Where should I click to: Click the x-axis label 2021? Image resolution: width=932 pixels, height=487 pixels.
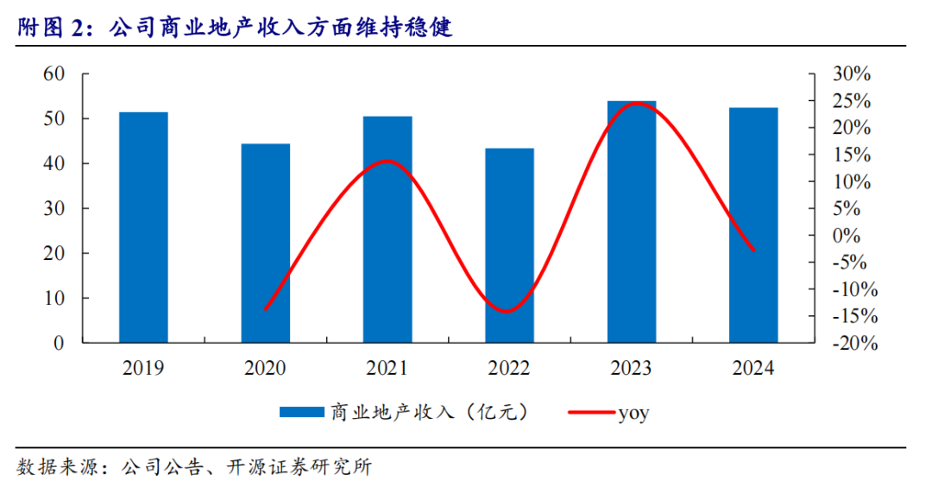[387, 369]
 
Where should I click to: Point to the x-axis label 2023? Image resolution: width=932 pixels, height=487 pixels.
[632, 369]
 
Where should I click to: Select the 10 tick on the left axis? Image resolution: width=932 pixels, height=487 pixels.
[54, 298]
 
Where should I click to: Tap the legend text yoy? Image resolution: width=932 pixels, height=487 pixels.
[634, 413]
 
